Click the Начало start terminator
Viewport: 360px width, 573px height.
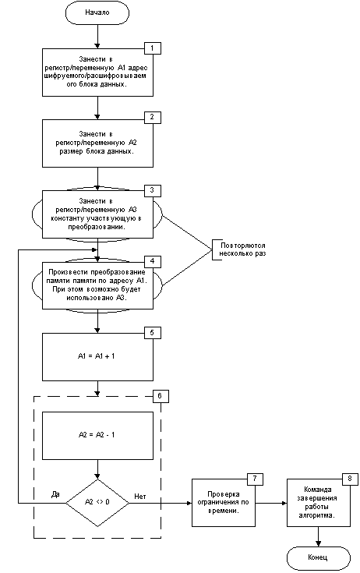tap(97, 12)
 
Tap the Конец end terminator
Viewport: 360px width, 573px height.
tap(319, 557)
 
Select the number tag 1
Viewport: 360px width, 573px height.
tap(152, 48)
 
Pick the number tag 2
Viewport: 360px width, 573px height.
tap(152, 118)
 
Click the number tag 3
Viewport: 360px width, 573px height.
tap(152, 190)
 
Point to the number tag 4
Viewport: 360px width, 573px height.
tap(152, 261)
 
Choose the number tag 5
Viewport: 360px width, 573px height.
tap(152, 333)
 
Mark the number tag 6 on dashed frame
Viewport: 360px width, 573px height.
tap(161, 396)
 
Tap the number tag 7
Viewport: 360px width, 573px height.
tap(255, 479)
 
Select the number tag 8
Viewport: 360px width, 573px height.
tap(350, 479)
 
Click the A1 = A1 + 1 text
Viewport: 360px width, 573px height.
tap(97, 356)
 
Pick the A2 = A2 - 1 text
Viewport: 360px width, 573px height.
tap(97, 435)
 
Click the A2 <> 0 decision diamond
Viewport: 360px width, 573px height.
tap(97, 503)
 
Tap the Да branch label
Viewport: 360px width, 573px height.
tap(55, 494)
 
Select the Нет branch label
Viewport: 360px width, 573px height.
tap(140, 497)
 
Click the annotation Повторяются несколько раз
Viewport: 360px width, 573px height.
tap(242, 249)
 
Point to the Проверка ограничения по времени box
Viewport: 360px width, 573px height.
tap(224, 503)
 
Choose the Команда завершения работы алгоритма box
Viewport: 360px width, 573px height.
tap(319, 503)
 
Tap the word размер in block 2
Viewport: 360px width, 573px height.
tap(72, 151)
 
